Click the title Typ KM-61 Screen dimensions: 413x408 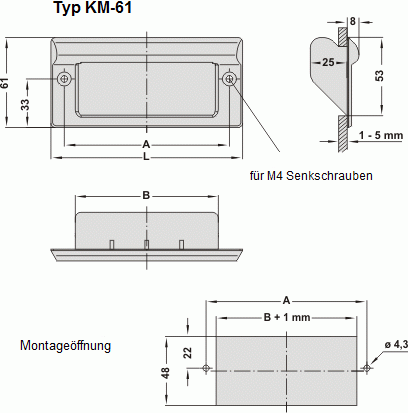pyautogui.click(x=97, y=10)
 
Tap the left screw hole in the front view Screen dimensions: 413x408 pyautogui.click(x=65, y=78)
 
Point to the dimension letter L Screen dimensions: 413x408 pyautogui.click(x=146, y=156)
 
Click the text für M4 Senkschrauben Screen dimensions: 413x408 pyautogui.click(x=311, y=176)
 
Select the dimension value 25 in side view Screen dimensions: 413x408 pyautogui.click(x=326, y=63)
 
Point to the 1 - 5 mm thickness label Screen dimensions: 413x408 pyautogui.click(x=384, y=134)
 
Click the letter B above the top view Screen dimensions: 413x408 pyautogui.click(x=146, y=195)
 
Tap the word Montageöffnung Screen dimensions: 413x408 pyautogui.click(x=65, y=346)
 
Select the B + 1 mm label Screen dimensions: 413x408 pyautogui.click(x=285, y=317)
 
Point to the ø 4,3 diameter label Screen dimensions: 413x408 pyautogui.click(x=394, y=345)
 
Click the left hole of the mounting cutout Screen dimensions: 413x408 pyautogui.click(x=206, y=368)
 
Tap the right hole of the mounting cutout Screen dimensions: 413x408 pyautogui.click(x=366, y=368)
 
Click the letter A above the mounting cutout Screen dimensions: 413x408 pyautogui.click(x=286, y=300)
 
